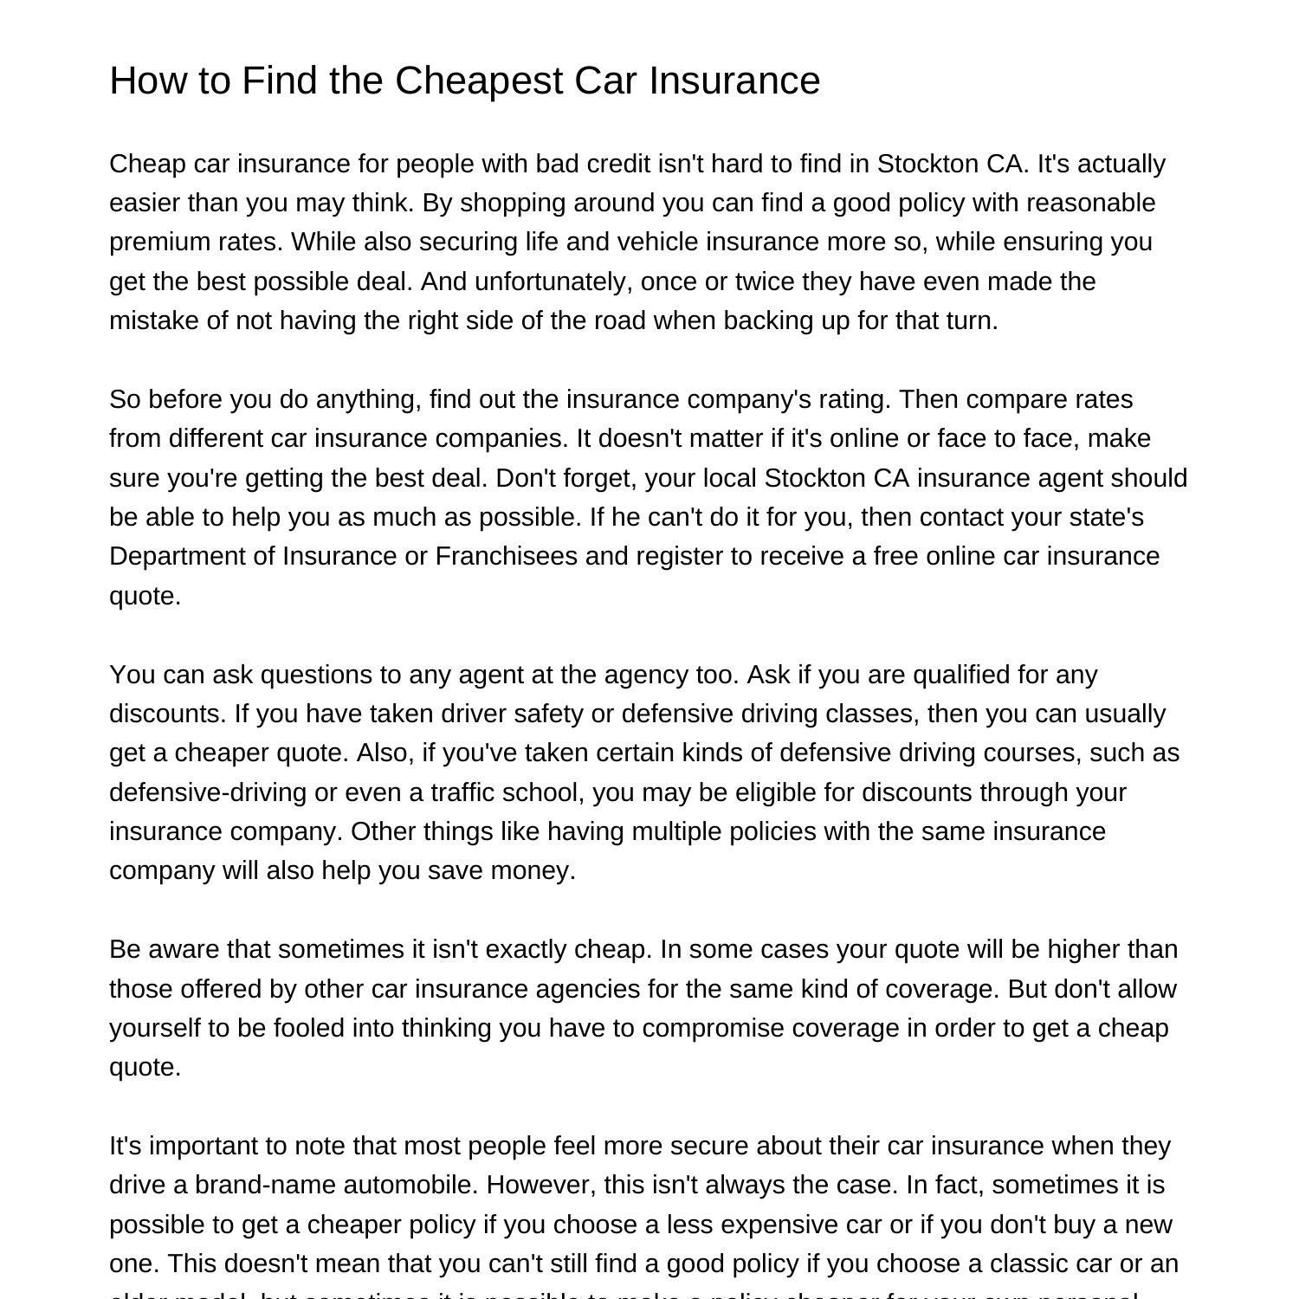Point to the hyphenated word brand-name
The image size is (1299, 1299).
pos(265,1185)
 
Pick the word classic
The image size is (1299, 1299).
pos(1025,1263)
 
